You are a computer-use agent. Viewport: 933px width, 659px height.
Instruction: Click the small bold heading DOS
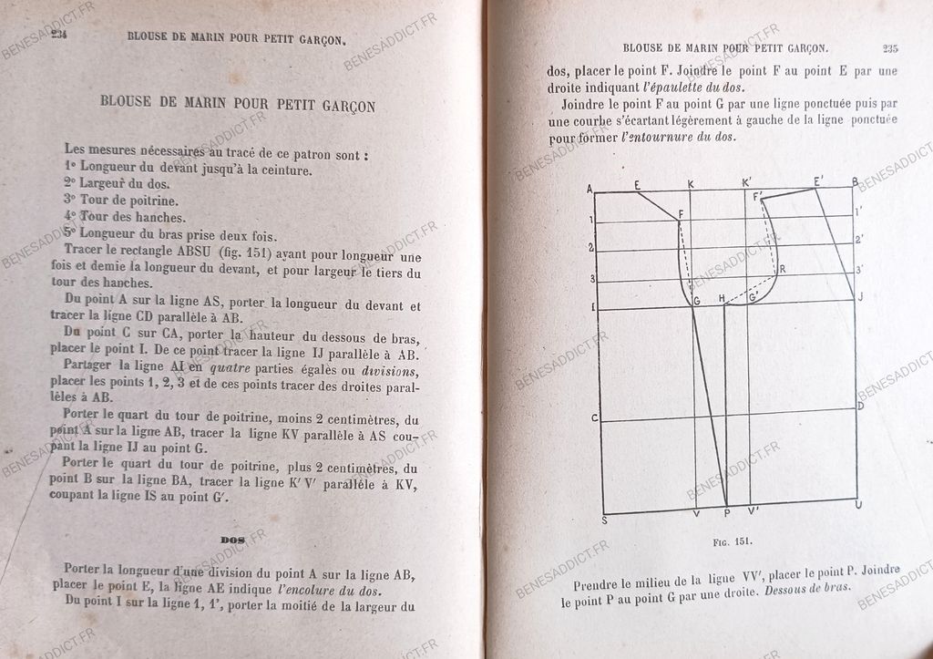coord(233,541)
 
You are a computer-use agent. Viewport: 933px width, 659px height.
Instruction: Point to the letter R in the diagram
coord(782,269)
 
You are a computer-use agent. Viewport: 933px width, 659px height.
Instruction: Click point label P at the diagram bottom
coord(726,513)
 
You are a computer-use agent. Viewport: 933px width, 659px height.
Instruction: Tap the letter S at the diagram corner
coord(604,520)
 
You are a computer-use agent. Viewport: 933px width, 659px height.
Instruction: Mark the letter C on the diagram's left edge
coord(593,418)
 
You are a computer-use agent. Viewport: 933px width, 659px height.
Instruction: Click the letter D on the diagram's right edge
coord(860,405)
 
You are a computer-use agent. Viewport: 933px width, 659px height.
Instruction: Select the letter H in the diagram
coord(722,298)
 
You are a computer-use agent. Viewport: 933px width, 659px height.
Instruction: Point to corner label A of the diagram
coord(590,189)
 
